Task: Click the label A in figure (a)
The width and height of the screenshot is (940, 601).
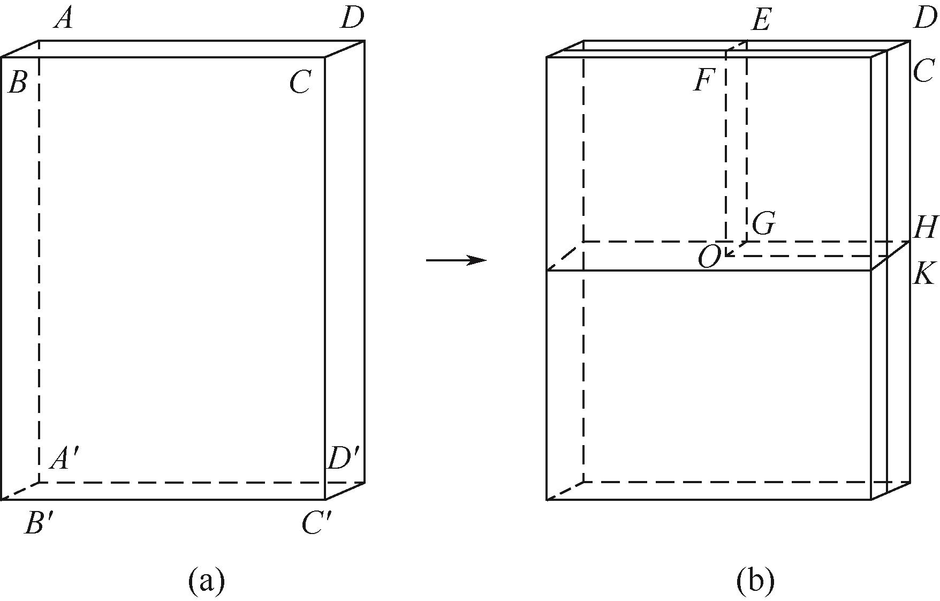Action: (64, 20)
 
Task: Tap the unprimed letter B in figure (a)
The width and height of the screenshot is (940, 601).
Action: (17, 84)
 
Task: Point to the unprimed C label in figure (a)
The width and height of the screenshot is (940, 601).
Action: (300, 84)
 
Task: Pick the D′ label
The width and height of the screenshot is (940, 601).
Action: (343, 459)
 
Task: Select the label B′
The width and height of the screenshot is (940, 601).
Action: (39, 523)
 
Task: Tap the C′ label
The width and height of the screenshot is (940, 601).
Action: (317, 523)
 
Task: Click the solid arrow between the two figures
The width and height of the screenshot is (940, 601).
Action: (456, 261)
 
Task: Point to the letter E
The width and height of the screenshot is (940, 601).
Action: (761, 21)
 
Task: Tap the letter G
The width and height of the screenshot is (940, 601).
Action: (763, 224)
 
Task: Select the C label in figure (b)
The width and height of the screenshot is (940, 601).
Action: (924, 71)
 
